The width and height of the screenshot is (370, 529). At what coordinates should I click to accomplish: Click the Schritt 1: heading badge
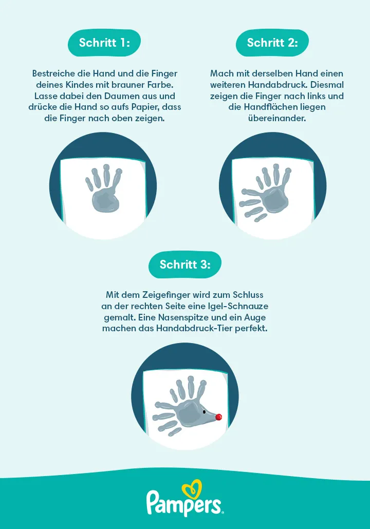[104, 43]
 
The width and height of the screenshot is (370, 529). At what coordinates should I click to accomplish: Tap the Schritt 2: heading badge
[272, 43]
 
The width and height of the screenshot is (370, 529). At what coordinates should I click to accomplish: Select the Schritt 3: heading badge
[185, 264]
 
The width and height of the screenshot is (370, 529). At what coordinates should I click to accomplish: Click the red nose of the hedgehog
[218, 417]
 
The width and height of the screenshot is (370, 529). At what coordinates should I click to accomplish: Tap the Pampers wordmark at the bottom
[185, 503]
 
